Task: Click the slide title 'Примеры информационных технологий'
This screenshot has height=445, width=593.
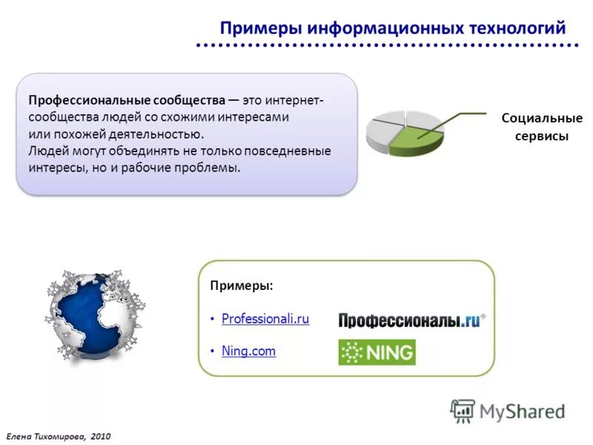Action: [x=392, y=28]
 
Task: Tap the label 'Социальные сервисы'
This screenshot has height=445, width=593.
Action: [x=542, y=127]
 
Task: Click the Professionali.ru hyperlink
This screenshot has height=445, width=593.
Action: [x=265, y=319]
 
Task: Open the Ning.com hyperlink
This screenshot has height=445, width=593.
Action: [x=248, y=351]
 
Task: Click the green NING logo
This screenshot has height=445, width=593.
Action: [x=377, y=352]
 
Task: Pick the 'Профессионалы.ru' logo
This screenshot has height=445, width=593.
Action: [x=411, y=320]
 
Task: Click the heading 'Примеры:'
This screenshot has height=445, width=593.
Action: [x=241, y=286]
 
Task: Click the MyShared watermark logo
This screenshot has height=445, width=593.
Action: [x=508, y=410]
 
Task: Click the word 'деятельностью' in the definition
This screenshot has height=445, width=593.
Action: [x=162, y=134]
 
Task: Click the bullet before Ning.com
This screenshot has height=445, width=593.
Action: [x=212, y=351]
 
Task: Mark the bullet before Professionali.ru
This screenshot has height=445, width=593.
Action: [x=212, y=319]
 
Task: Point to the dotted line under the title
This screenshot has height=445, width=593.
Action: [x=385, y=47]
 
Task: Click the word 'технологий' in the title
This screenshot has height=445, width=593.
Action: [x=518, y=28]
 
